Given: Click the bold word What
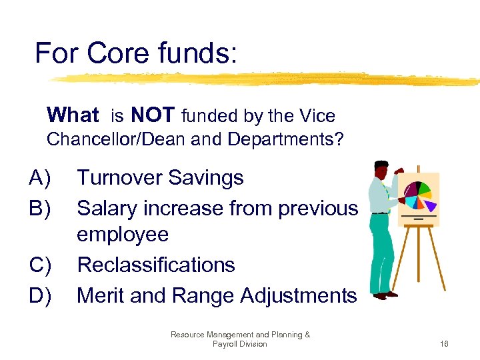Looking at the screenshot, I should pyautogui.click(x=73, y=116).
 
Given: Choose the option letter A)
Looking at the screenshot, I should pyautogui.click(x=41, y=178).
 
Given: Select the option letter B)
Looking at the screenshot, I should pyautogui.click(x=41, y=208).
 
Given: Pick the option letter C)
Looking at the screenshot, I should pyautogui.click(x=41, y=265).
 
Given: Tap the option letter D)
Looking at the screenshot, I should pyautogui.click(x=41, y=295).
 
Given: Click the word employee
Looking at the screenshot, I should pyautogui.click(x=123, y=235).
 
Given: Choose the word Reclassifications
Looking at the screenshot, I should pyautogui.click(x=156, y=265).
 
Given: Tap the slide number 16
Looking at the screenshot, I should pyautogui.click(x=445, y=344).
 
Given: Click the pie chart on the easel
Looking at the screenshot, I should pyautogui.click(x=418, y=193).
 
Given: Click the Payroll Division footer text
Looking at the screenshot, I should pyautogui.click(x=239, y=344).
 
